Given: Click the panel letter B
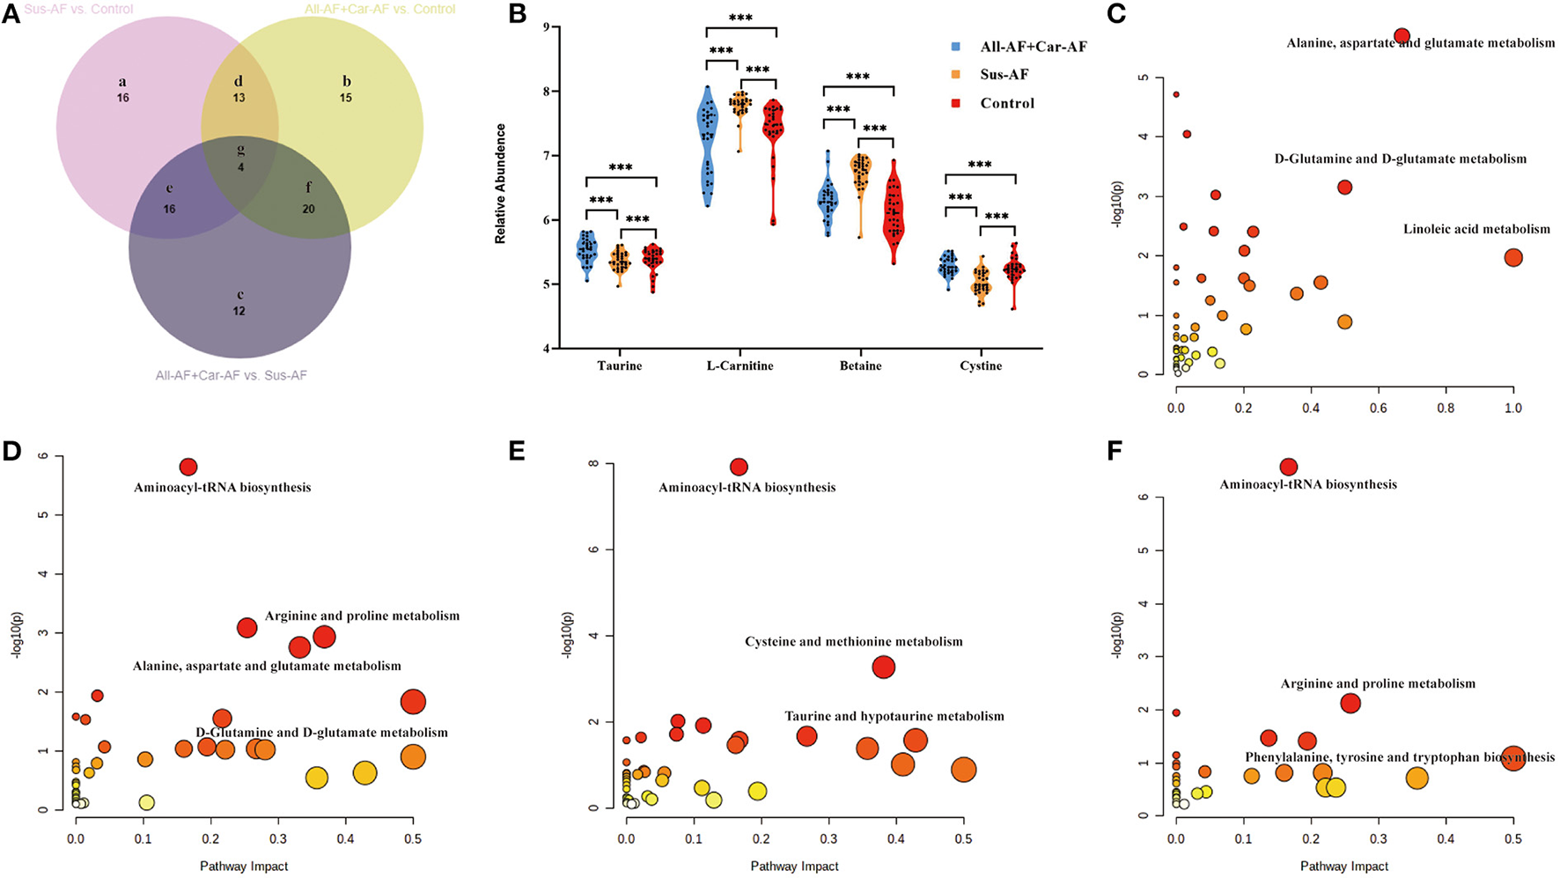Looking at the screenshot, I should (x=518, y=14).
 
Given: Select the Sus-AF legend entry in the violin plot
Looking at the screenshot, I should (x=1004, y=75).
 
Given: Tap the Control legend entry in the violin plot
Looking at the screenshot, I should (x=1007, y=103).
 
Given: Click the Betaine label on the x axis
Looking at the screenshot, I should (x=860, y=365).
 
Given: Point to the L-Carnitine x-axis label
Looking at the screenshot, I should (x=740, y=365).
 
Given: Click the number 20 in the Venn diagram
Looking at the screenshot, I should (x=308, y=209).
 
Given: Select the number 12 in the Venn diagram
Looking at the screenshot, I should (x=239, y=311).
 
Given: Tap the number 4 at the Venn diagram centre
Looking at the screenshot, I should (x=240, y=167).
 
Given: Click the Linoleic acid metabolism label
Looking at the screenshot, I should (x=1476, y=229).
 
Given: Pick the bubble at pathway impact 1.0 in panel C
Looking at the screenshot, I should (x=1512, y=258).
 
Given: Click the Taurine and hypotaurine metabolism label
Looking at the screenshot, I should (x=894, y=716).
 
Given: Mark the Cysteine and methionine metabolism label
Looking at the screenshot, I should (x=853, y=641).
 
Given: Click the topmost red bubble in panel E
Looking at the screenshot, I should (x=739, y=467).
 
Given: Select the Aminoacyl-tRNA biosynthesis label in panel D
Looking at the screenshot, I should (x=222, y=487).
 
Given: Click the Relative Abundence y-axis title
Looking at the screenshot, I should (x=500, y=183).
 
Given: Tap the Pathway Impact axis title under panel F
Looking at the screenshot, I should (x=1343, y=866).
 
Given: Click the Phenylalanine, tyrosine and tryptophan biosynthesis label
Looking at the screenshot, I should (x=1400, y=756).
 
